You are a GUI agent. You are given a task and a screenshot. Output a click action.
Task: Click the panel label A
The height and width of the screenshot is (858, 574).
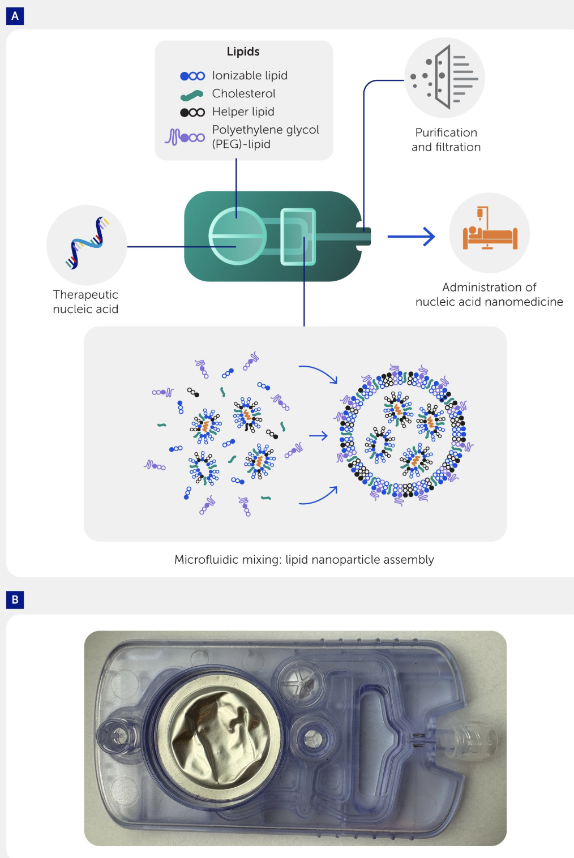(x=15, y=16)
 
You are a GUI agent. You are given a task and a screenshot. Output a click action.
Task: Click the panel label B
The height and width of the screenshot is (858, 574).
(x=15, y=599)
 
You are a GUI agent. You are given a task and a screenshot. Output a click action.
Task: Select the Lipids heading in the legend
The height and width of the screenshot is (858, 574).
(x=243, y=52)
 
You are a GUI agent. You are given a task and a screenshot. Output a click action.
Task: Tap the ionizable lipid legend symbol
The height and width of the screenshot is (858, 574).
(x=192, y=76)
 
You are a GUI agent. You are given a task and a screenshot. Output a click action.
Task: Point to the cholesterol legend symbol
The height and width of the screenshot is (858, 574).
(x=192, y=95)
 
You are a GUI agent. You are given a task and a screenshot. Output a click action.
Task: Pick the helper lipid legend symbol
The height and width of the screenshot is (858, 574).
(x=192, y=112)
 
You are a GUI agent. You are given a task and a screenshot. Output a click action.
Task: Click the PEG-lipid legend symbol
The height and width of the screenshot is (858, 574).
(x=185, y=137)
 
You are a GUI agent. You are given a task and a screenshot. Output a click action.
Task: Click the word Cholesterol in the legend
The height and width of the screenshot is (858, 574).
(x=243, y=93)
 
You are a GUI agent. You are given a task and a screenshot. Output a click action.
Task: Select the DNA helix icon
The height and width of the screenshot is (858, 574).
(x=87, y=243)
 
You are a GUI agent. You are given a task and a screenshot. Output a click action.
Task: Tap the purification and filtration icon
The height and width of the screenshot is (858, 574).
(x=445, y=78)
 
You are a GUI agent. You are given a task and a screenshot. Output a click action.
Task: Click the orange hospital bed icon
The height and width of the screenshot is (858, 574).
(x=490, y=233)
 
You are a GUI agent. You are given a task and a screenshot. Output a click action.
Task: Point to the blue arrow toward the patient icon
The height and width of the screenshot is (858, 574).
(x=411, y=237)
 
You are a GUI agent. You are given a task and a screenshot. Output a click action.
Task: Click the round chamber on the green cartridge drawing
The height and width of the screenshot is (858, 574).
(x=237, y=236)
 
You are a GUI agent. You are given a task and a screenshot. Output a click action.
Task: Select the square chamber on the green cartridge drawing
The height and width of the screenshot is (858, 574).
(x=298, y=237)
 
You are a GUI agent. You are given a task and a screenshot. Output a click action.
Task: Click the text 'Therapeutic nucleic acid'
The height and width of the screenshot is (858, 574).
(x=85, y=302)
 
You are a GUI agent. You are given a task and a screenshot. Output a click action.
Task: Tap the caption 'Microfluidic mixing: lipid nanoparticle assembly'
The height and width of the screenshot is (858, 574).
(x=304, y=559)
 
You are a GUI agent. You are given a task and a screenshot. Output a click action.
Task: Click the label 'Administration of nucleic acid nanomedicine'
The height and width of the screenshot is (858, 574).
(x=489, y=294)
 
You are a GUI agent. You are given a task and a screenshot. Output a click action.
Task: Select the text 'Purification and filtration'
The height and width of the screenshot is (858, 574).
(x=446, y=140)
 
